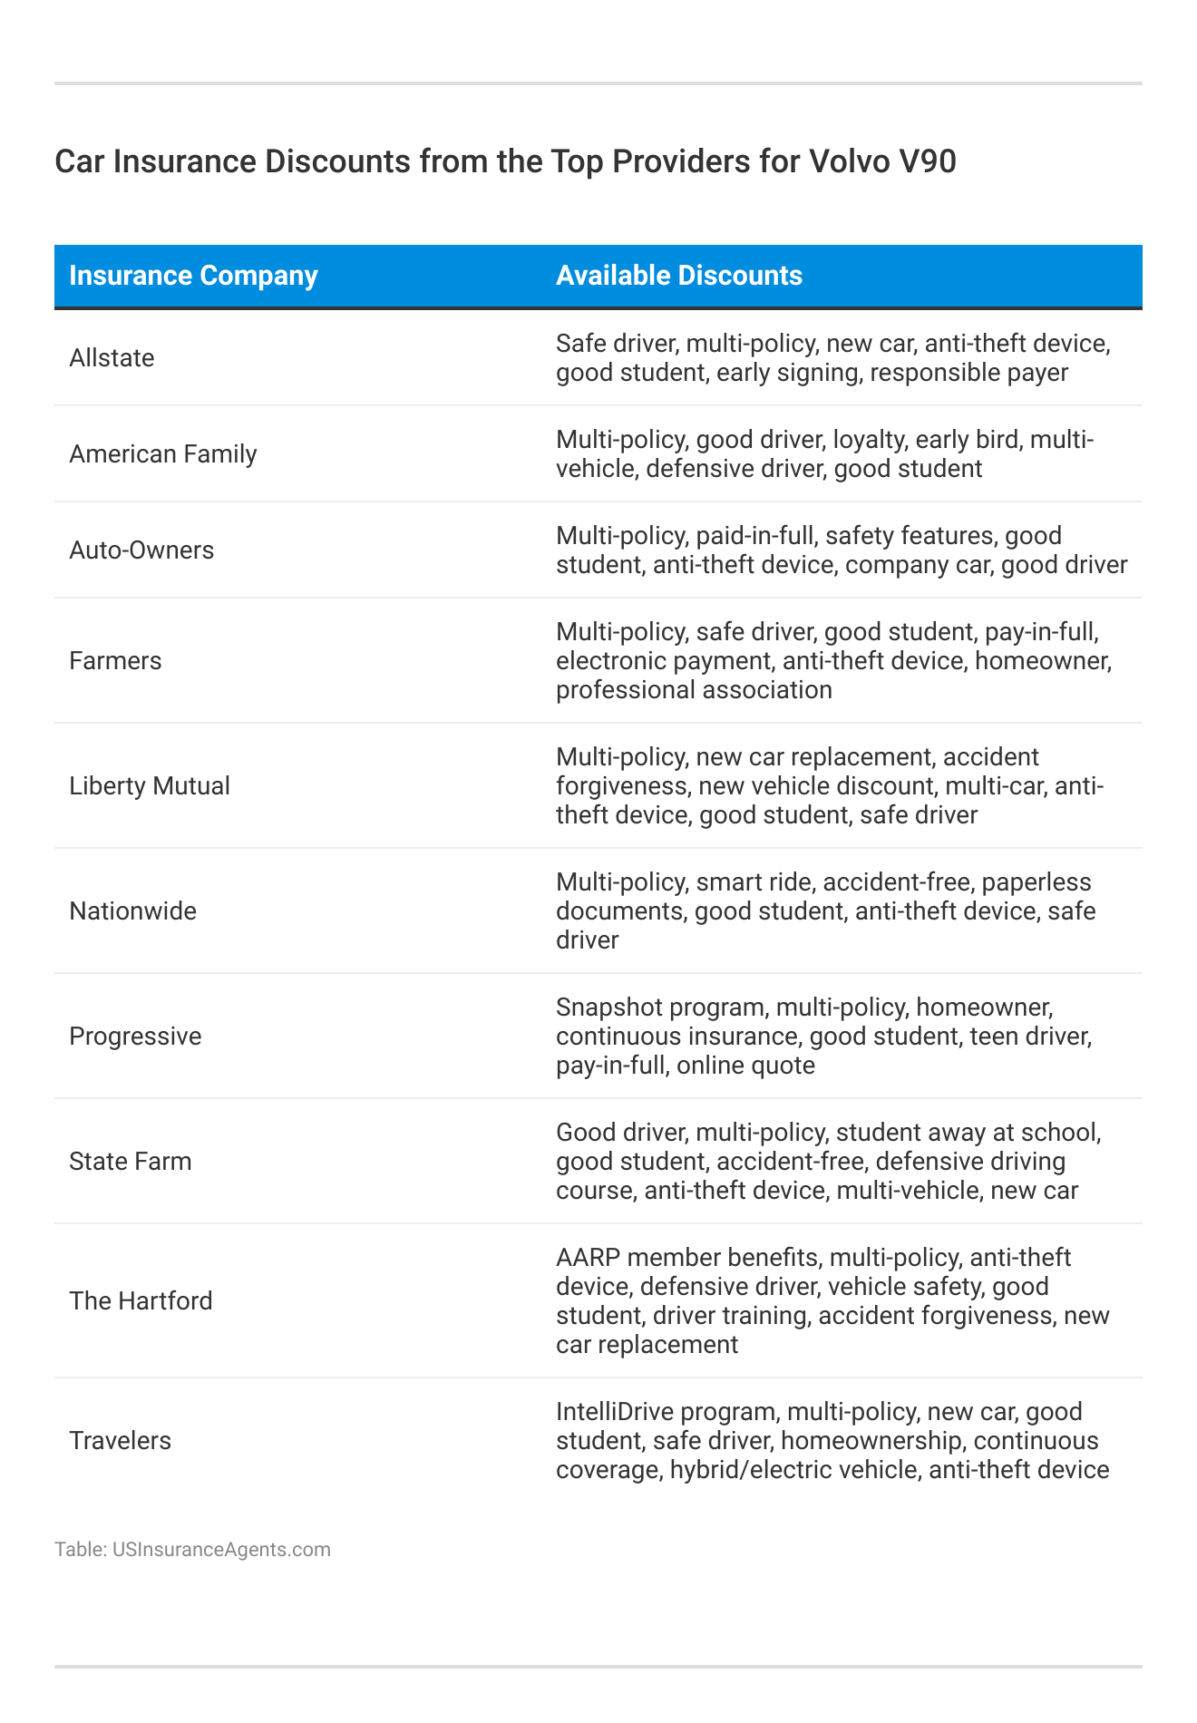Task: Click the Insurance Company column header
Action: click(193, 276)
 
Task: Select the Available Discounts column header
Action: click(678, 276)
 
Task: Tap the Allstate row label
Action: click(112, 358)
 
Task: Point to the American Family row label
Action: click(163, 453)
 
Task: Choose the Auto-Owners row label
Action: click(141, 550)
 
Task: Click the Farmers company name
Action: click(115, 660)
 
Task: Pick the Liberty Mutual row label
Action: click(150, 785)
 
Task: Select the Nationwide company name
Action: click(132, 910)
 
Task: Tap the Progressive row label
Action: click(135, 1036)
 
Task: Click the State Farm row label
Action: click(131, 1161)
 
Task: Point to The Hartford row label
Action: click(141, 1300)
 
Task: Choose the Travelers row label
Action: click(120, 1440)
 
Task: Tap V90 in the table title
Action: click(929, 161)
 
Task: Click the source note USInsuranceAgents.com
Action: click(221, 1549)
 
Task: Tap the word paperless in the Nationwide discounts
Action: click(1036, 881)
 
